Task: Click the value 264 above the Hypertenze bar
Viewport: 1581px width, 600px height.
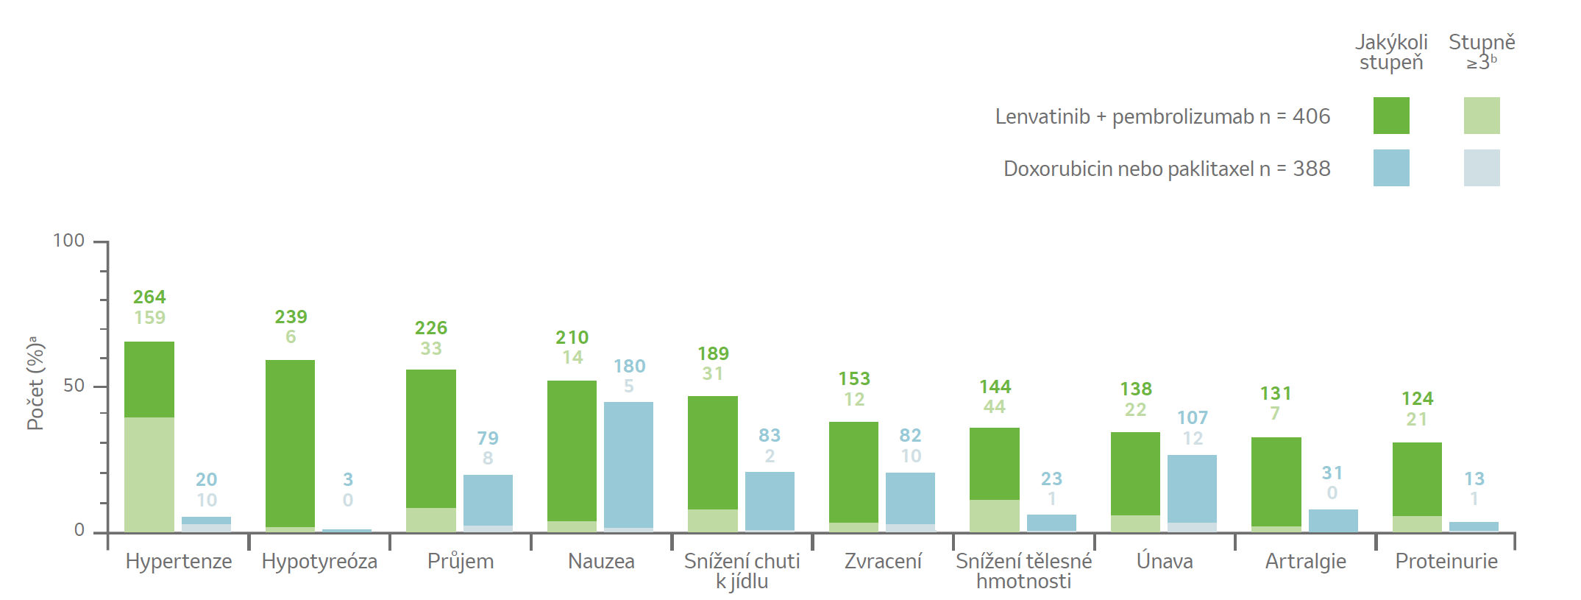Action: pos(149,297)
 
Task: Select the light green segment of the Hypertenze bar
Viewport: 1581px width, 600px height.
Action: pos(149,475)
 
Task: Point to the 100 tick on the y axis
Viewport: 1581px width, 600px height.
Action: pos(101,241)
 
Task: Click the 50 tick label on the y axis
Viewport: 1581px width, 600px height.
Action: pos(74,386)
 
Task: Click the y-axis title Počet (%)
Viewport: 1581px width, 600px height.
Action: pos(35,383)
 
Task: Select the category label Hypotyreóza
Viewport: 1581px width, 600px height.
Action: pos(319,561)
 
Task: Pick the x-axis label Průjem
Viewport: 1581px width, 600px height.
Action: pos(461,561)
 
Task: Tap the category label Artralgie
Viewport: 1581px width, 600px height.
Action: pos(1306,561)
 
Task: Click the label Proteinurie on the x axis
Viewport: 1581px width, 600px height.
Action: pos(1446,561)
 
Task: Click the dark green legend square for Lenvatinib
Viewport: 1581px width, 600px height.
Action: pos(1391,116)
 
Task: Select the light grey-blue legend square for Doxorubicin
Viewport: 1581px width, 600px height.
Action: pos(1482,168)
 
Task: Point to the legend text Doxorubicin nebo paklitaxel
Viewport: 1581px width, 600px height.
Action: pos(1129,169)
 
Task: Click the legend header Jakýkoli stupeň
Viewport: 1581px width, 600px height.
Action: pos(1391,52)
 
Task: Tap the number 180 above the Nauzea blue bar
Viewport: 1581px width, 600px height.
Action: pos(629,366)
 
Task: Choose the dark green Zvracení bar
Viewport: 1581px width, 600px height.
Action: pos(853,473)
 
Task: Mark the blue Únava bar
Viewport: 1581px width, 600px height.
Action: pos(1192,489)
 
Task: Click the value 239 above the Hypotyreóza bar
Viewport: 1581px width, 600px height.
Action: pos(291,317)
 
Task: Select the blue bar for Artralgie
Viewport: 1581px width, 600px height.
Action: pos(1333,520)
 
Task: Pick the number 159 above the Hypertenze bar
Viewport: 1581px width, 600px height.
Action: pos(149,317)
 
